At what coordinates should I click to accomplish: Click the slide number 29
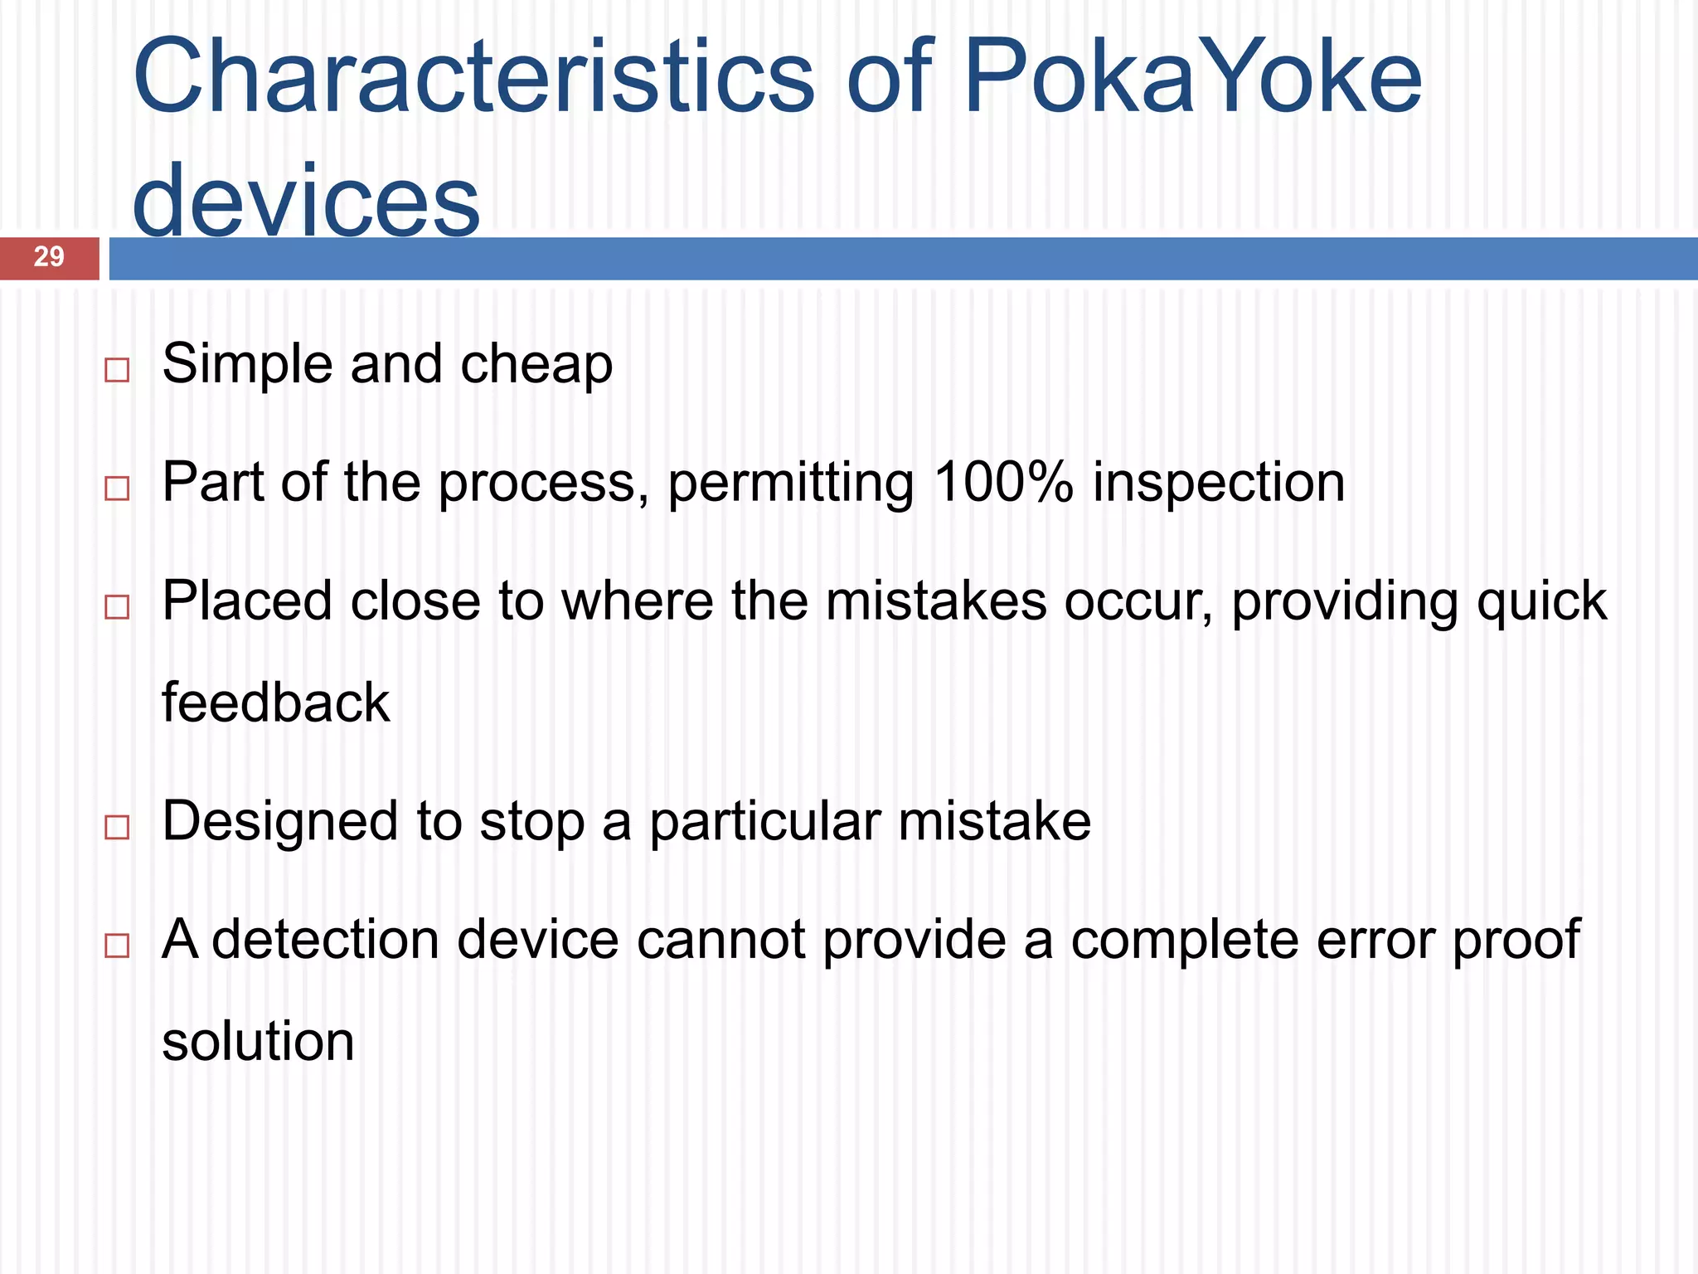click(x=49, y=257)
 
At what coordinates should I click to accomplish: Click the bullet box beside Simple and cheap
click(x=117, y=370)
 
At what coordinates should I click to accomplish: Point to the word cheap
click(x=536, y=365)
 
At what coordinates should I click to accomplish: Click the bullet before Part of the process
click(x=117, y=489)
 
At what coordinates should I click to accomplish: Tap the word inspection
click(x=1218, y=483)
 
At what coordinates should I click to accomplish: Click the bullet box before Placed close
click(x=117, y=607)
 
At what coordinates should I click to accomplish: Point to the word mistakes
click(x=936, y=601)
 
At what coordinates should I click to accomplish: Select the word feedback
click(x=275, y=703)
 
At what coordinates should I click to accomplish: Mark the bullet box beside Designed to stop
click(x=117, y=827)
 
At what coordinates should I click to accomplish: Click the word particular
click(x=764, y=823)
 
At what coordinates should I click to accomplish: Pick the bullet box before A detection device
click(x=117, y=946)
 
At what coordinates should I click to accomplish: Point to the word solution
click(x=258, y=1042)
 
